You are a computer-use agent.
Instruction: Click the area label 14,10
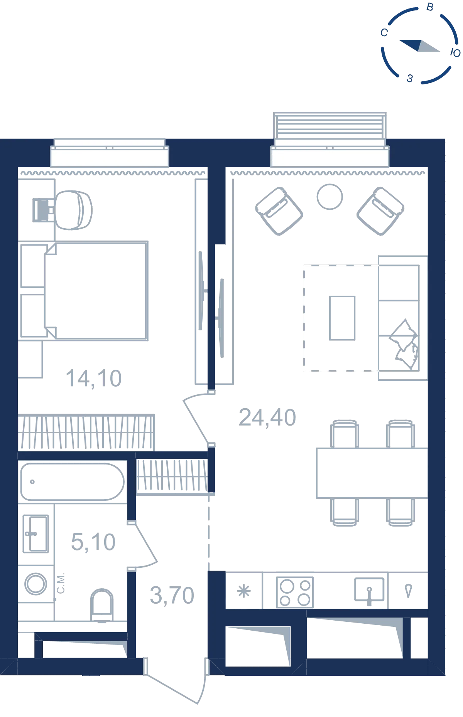94,379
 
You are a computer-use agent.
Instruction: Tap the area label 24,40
267,417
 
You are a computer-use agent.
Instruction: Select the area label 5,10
93,542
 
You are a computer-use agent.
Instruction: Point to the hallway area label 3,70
172,595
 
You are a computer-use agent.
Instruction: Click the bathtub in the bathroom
73,481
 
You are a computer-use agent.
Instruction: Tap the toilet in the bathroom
102,605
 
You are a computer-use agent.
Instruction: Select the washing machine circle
36,584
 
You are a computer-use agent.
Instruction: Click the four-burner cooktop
295,592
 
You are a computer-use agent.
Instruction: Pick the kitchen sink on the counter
369,590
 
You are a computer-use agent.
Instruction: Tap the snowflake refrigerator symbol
244,591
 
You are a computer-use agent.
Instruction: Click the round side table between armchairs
330,197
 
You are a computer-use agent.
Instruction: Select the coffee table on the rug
342,318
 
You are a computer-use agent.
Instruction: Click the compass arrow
419,45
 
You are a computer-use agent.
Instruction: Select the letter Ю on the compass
455,53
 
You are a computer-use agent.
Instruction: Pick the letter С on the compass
384,33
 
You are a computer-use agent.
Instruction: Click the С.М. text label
61,583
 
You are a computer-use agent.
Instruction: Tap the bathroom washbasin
36,534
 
